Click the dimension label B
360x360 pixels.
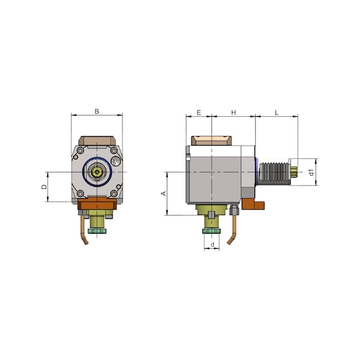point(97,111)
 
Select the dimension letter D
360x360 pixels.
point(44,187)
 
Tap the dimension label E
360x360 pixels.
point(199,112)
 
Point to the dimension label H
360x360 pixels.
point(234,112)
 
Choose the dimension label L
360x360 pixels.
point(277,112)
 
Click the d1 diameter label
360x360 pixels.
point(311,172)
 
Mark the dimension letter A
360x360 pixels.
point(164,194)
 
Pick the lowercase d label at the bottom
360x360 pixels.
point(212,244)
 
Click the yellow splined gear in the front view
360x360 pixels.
point(97,171)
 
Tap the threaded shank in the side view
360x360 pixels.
point(274,172)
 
